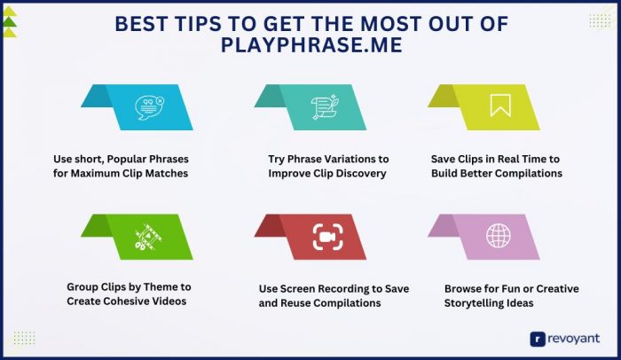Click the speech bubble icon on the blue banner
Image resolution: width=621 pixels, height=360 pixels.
click(x=146, y=107)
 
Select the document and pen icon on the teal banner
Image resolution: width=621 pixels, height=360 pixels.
click(x=320, y=107)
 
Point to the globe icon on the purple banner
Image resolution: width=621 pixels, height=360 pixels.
click(x=498, y=236)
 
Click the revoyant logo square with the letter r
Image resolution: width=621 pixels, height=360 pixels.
click(x=537, y=338)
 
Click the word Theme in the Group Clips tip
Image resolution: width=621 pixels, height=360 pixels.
click(x=165, y=287)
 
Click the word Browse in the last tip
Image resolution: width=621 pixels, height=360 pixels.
click(x=464, y=288)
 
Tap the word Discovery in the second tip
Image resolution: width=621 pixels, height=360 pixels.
click(x=361, y=173)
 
